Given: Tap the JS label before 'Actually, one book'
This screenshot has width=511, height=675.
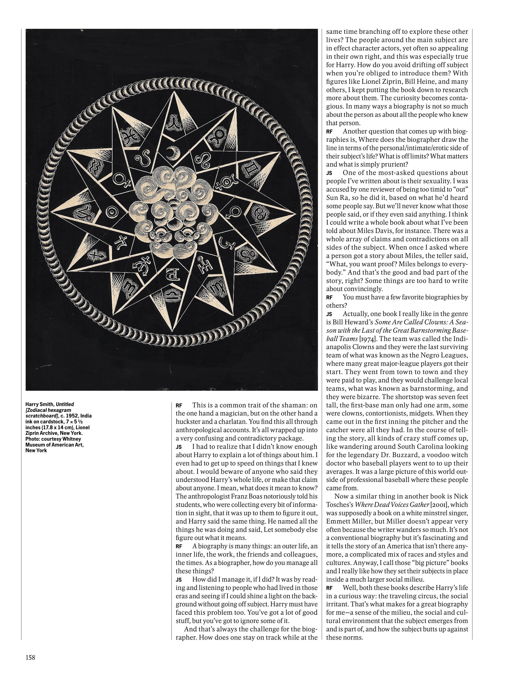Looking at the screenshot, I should (329, 314).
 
